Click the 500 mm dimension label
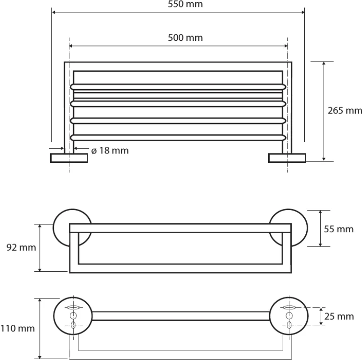[x=185, y=38]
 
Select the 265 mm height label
[x=344, y=111]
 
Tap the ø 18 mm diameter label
[x=110, y=151]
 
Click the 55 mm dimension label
[x=339, y=229]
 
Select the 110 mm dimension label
[x=17, y=329]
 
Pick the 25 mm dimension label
[x=339, y=316]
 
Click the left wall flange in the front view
[x=69, y=158]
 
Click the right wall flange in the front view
[x=287, y=158]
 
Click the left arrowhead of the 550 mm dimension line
[x=54, y=12]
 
